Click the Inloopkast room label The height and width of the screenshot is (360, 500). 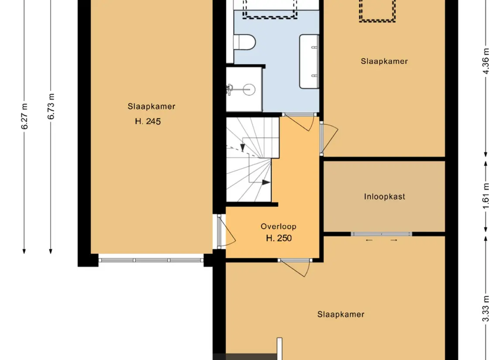click(384, 196)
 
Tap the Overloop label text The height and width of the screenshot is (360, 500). click(278, 226)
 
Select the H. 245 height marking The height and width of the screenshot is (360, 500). click(148, 121)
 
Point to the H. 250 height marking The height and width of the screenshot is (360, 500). click(279, 238)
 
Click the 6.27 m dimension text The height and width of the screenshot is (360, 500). click(24, 116)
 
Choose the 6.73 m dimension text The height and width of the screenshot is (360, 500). click(51, 106)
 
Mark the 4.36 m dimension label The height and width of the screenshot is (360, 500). click(486, 61)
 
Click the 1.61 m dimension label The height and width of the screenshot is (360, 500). click(486, 196)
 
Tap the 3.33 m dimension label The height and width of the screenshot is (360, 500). click(486, 309)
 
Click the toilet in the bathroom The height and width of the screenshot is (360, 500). click(245, 42)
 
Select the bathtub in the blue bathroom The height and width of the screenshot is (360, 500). click(309, 61)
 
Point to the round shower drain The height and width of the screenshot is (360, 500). click(248, 89)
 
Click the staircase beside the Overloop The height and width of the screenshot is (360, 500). click(252, 159)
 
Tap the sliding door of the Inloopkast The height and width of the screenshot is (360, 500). click(381, 234)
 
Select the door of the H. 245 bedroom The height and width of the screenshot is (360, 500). click(226, 231)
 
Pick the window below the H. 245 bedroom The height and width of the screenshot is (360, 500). click(151, 260)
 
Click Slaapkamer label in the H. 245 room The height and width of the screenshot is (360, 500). click(152, 106)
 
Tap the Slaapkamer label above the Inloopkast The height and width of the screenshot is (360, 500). click(384, 61)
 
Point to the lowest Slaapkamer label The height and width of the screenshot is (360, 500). click(341, 315)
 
